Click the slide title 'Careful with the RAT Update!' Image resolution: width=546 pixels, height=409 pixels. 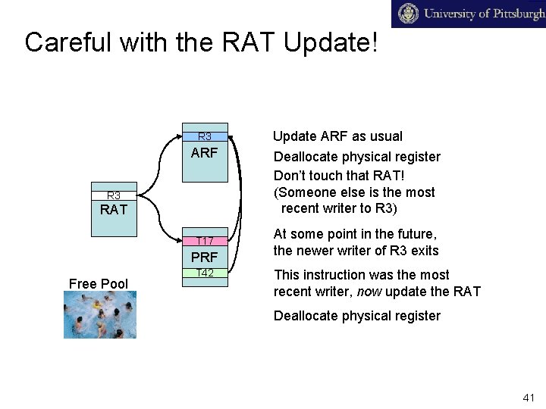point(201,42)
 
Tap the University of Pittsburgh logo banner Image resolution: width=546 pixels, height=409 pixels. point(468,14)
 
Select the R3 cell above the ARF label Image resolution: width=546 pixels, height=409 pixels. point(205,137)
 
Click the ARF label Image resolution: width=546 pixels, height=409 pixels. point(205,153)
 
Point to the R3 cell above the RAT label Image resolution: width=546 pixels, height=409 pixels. point(114,195)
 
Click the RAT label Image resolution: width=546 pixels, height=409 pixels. point(114,210)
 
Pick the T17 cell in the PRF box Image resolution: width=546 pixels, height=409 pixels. point(205,241)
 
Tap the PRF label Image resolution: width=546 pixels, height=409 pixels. point(205,257)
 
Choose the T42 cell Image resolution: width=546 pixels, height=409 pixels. point(205,273)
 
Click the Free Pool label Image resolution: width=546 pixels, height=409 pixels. point(99,284)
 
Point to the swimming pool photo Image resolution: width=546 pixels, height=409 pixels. point(100,315)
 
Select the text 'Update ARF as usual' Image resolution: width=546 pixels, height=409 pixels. point(337,136)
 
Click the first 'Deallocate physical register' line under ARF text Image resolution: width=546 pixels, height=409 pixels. point(356,157)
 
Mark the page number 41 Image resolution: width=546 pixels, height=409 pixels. point(529,398)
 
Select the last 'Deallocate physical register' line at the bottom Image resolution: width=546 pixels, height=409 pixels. point(356,316)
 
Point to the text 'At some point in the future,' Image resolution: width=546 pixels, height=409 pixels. point(355,235)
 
